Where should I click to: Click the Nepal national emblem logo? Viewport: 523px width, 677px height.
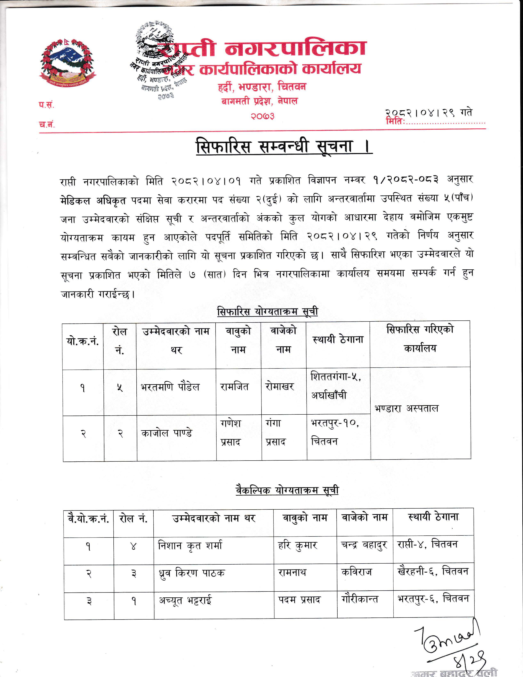pos(67,64)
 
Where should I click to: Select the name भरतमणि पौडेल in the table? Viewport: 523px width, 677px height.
pos(170,387)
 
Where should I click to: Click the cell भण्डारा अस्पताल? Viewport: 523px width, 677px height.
pos(407,408)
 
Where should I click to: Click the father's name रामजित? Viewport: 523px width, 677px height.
pos(234,387)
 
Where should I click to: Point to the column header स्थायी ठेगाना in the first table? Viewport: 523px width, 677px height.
pos(338,340)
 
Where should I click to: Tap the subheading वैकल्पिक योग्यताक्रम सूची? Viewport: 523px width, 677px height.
pos(287,490)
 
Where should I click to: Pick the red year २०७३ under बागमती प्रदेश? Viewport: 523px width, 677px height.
pos(263,116)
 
